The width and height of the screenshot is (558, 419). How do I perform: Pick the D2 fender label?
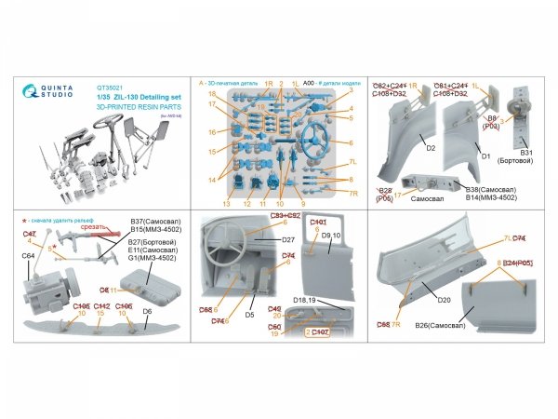coord(405,148)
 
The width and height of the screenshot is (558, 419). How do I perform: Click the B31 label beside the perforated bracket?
coord(525,153)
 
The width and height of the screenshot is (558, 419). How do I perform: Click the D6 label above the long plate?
coord(147,310)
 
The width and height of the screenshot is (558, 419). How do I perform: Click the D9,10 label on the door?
coord(332,237)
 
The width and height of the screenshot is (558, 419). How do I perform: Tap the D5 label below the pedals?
coord(251,315)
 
